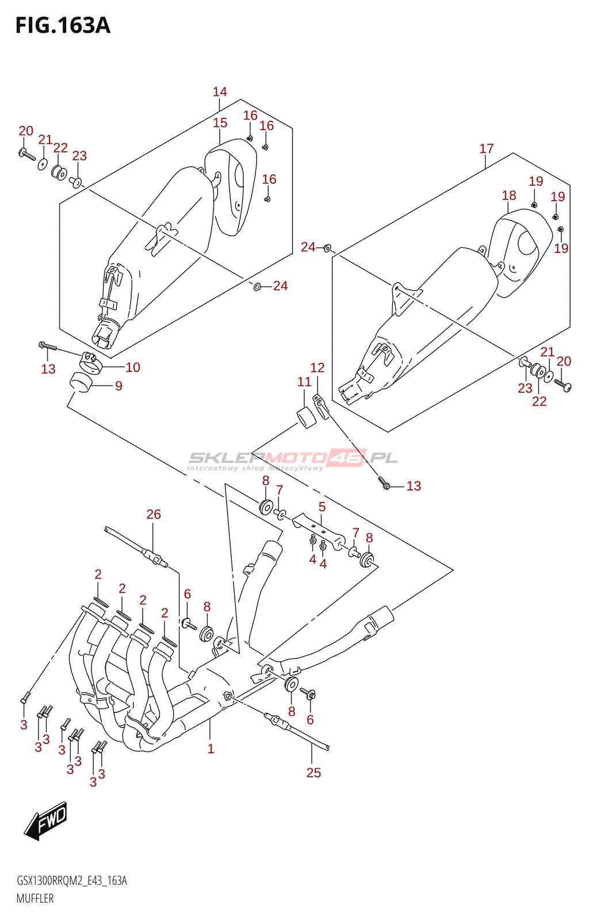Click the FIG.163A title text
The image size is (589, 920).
(x=63, y=26)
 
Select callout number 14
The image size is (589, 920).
(x=220, y=91)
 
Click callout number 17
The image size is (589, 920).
(x=486, y=148)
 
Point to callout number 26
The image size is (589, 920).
(x=154, y=514)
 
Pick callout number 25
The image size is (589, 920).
(x=313, y=773)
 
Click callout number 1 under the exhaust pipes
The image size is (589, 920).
(x=211, y=749)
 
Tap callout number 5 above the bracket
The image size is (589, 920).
(x=322, y=507)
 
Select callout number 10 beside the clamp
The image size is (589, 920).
(x=133, y=367)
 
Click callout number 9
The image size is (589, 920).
(x=118, y=386)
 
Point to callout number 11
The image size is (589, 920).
(x=304, y=382)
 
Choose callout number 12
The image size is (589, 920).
(x=317, y=367)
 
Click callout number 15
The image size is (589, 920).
(x=220, y=122)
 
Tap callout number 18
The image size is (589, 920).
(x=509, y=195)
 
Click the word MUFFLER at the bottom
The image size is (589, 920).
(x=35, y=898)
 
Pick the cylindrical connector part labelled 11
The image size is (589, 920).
(x=307, y=417)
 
